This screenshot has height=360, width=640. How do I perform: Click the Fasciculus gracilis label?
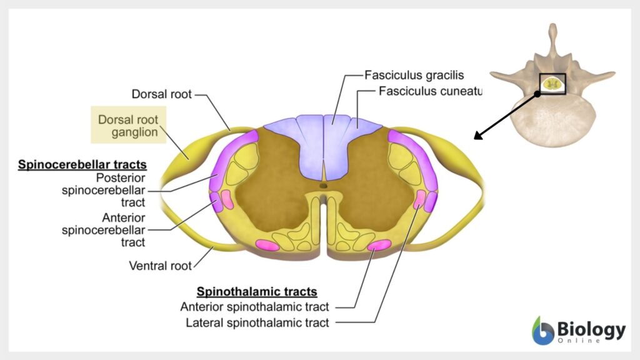414,75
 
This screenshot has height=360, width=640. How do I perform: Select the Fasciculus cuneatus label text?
431,91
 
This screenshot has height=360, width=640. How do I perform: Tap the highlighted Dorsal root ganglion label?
128,125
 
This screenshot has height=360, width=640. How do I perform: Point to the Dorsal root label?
161,94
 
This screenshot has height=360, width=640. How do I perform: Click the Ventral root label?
160,266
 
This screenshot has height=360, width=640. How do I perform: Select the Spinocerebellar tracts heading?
82,165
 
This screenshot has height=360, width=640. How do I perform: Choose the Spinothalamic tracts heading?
257,292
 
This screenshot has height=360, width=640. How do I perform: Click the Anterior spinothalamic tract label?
255,307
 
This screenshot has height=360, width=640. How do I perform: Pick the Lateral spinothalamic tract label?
257,323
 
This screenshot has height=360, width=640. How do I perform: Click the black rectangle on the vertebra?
552,84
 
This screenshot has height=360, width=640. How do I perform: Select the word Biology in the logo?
591,329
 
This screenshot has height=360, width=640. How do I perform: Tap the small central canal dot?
323,186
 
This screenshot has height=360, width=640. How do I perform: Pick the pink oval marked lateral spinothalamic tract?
419,199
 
